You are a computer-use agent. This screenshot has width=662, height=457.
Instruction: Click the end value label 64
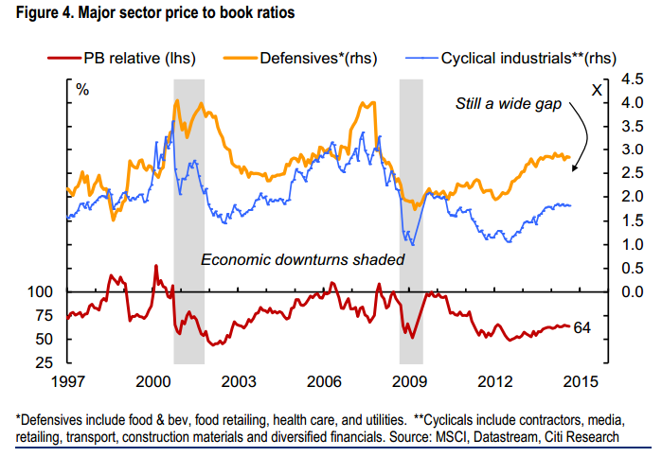pos(583,327)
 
